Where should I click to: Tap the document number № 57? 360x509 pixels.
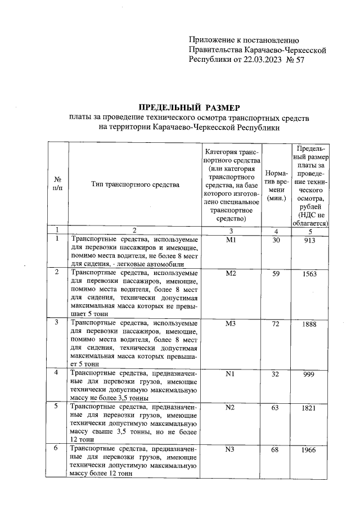tap(295, 61)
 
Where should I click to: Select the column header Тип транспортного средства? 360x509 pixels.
tap(134, 184)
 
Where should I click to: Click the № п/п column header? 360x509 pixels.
tap(57, 184)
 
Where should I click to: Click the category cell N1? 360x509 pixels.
tap(229, 375)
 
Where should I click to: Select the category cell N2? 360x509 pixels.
tap(229, 408)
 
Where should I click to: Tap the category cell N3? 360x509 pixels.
tap(229, 449)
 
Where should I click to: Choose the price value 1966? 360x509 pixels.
tap(308, 450)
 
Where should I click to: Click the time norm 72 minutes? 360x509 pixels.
tap(275, 325)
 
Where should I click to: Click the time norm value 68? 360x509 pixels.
tap(275, 450)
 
